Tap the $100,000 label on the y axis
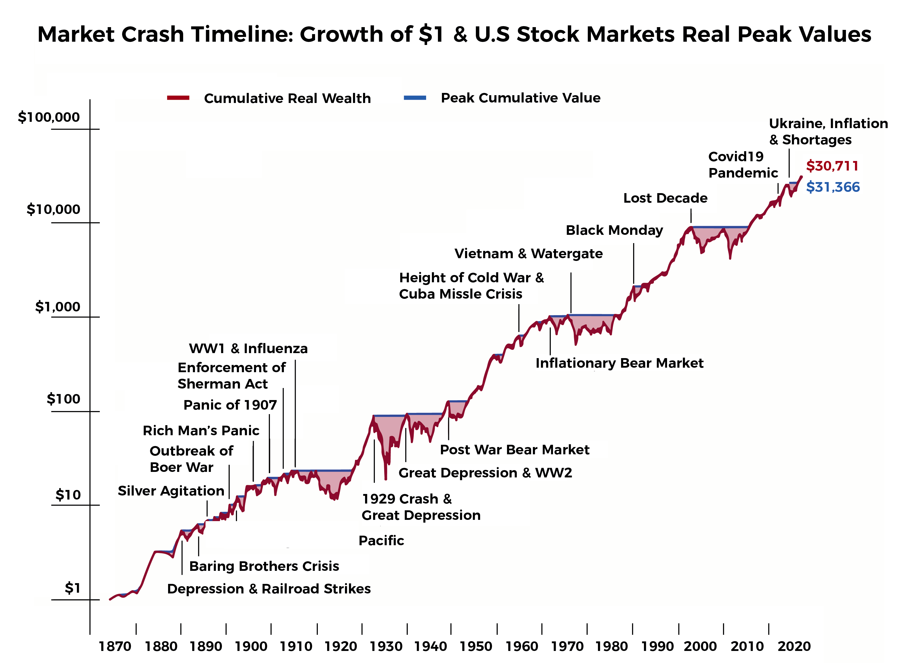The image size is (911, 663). pyautogui.click(x=49, y=117)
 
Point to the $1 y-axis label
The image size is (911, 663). pyautogui.click(x=73, y=588)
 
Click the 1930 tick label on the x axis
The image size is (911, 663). pyautogui.click(x=386, y=646)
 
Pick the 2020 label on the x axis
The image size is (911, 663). pyautogui.click(x=794, y=646)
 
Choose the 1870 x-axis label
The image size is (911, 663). pyautogui.click(x=115, y=646)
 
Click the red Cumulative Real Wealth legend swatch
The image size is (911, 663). pyautogui.click(x=178, y=98)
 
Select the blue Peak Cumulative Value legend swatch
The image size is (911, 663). pyautogui.click(x=415, y=98)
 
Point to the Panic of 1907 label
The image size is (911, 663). pyautogui.click(x=230, y=405)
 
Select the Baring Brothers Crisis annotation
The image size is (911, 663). pyautogui.click(x=264, y=566)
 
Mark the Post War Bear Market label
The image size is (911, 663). pyautogui.click(x=515, y=450)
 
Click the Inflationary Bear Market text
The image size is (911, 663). pyautogui.click(x=619, y=363)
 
